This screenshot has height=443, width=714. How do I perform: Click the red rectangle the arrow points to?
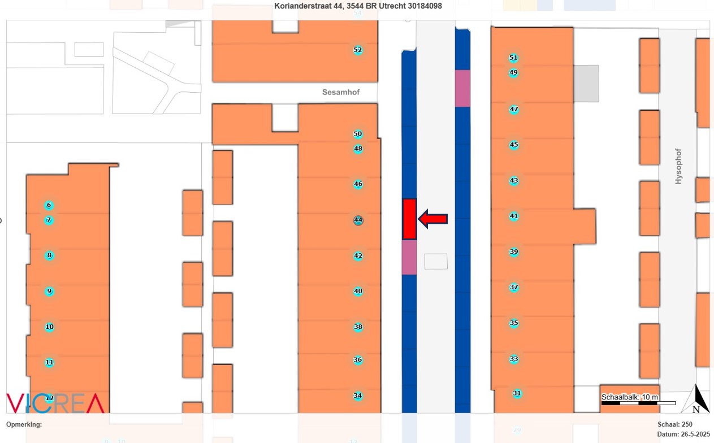click(410, 219)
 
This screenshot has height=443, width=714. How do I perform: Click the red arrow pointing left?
click(433, 219)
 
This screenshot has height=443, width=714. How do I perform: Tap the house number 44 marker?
click(358, 220)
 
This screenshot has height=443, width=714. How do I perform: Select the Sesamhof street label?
click(341, 92)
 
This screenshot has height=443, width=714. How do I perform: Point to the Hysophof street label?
click(678, 166)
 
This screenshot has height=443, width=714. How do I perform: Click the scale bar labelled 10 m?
click(638, 402)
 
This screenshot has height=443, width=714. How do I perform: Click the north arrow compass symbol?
click(697, 399)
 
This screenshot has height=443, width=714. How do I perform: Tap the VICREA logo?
click(55, 403)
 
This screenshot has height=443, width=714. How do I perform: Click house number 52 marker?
click(357, 50)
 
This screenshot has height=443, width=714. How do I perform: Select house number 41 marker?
click(513, 216)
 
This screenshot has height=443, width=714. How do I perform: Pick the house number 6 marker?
click(49, 205)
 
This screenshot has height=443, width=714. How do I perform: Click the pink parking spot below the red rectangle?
click(409, 257)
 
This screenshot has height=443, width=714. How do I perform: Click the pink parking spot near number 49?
click(462, 88)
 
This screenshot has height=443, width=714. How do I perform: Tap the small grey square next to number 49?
click(586, 84)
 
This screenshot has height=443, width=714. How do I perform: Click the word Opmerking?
click(23, 424)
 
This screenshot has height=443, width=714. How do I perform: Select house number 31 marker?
click(517, 393)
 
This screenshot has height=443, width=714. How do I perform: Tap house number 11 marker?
click(49, 362)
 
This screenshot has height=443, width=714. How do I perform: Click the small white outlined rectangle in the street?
click(436, 261)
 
